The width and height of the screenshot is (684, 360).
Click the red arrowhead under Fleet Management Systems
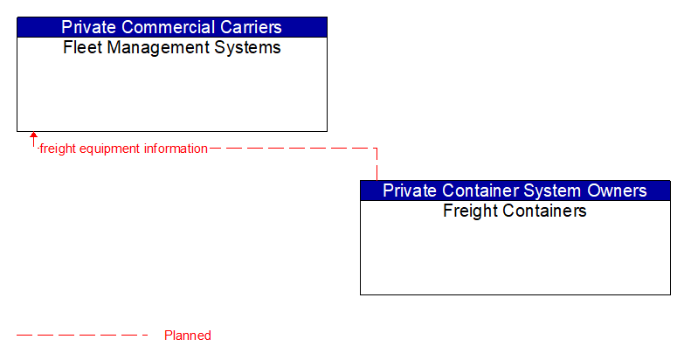[33, 136]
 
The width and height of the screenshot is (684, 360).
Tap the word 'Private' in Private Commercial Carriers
[88, 27]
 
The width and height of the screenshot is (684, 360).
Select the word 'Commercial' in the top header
[170, 27]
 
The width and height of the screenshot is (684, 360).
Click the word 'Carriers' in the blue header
[252, 27]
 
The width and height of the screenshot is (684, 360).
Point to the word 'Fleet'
[81, 48]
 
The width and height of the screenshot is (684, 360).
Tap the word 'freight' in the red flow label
[58, 149]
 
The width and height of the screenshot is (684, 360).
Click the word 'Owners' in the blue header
[617, 190]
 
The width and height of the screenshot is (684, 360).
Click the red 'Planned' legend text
[187, 336]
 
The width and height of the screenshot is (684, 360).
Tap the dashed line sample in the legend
[83, 335]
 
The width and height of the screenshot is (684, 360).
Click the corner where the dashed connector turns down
[377, 149]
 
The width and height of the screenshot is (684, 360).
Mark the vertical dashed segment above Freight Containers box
[377, 165]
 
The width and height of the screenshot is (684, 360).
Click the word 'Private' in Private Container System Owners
[410, 190]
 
